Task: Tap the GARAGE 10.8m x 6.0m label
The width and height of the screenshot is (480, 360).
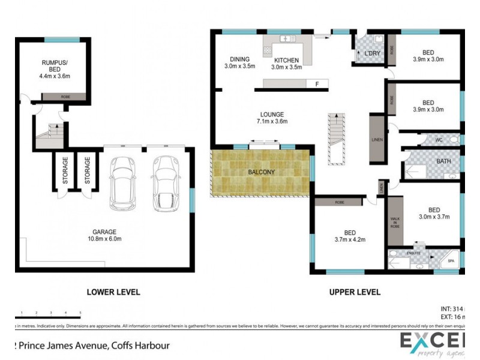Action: point(104,235)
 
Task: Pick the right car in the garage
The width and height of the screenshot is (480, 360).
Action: point(165,183)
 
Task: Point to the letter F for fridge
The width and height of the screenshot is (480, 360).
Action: point(317,84)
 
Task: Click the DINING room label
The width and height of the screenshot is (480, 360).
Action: point(239,62)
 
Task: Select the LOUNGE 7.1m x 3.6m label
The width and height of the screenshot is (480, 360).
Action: point(272,118)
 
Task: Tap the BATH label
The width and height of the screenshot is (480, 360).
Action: point(444,161)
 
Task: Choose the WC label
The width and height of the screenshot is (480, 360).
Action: point(439,140)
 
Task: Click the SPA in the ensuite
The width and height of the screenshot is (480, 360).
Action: point(451,262)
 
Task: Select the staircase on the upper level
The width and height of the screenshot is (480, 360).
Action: point(337,137)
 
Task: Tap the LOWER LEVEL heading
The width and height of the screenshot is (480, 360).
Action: point(113,292)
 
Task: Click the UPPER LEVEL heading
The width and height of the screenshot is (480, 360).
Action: point(355,292)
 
